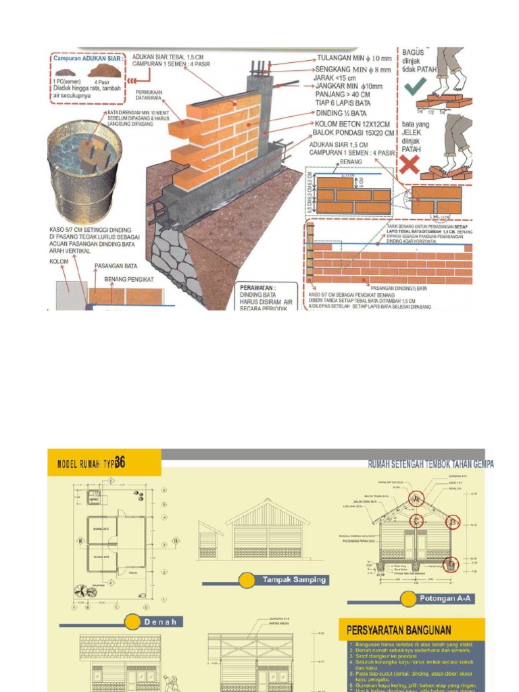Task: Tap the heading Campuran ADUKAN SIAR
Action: click(x=88, y=59)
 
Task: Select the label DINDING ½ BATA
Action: click(x=343, y=114)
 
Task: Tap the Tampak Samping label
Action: click(x=294, y=579)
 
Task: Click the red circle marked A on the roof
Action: click(x=417, y=499)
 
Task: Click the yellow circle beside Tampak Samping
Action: click(x=247, y=580)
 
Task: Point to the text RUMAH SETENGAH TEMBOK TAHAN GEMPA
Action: click(x=430, y=464)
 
